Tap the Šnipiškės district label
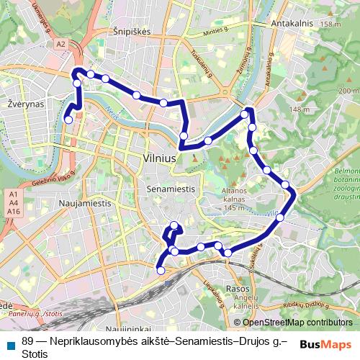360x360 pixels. coord(131,32)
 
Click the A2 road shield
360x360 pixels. coord(60,44)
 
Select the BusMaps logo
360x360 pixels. coord(325,344)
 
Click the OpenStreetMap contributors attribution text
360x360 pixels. coord(293,323)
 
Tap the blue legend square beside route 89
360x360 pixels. coord(11,343)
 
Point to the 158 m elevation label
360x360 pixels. coord(330,24)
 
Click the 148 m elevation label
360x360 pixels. coord(300,109)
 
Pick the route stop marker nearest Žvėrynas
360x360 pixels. coord(68,120)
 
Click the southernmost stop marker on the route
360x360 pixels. coord(161,270)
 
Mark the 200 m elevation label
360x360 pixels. coord(348,91)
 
